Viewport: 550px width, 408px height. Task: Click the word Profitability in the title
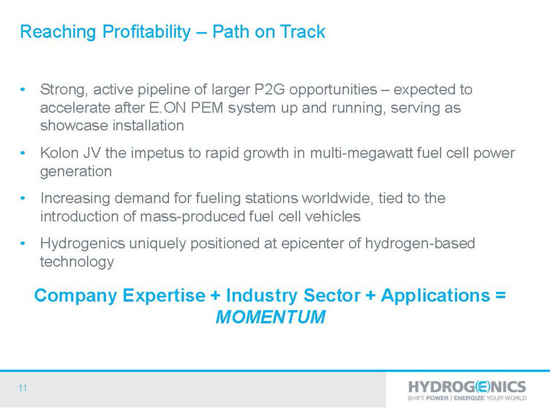[x=147, y=32]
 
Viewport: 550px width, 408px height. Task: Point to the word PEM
[x=207, y=107]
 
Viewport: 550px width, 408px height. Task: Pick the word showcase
[x=74, y=126]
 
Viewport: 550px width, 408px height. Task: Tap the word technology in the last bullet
[x=77, y=262]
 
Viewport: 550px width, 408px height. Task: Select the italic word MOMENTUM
[x=270, y=317]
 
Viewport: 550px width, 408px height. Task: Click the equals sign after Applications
[x=500, y=295]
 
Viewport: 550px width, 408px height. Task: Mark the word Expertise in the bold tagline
[x=164, y=296]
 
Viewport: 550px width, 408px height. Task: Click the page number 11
[x=23, y=388]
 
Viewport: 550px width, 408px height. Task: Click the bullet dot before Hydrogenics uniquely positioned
[x=23, y=243]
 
